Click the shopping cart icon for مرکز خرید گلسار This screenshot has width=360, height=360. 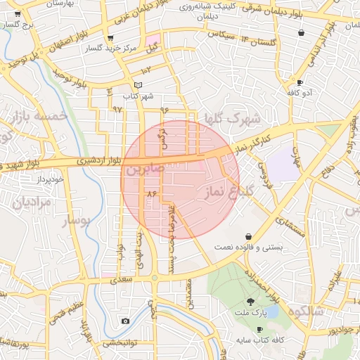pos(110,38)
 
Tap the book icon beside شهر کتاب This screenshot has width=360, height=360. pos(138,85)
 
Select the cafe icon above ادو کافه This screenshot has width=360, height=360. pos(300,82)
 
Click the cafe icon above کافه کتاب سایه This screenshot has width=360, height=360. pos(260,329)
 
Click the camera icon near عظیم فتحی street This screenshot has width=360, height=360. pos(125,321)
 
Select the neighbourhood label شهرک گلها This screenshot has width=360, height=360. pos(230,117)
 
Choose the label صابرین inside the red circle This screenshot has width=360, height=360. pos(146,169)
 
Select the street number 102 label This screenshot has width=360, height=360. pos(146,70)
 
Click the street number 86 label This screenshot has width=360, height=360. pos(150,192)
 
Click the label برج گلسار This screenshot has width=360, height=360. pos(18,25)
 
